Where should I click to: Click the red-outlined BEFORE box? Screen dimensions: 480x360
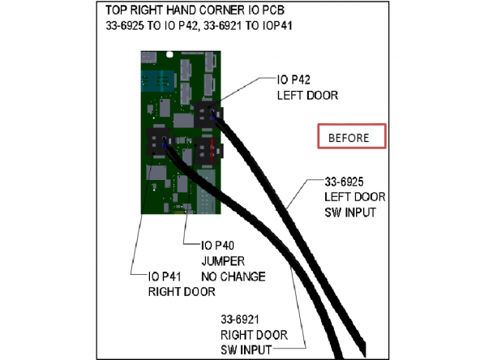pyautogui.click(x=352, y=136)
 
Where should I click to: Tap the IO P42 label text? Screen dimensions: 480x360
pyautogui.click(x=294, y=80)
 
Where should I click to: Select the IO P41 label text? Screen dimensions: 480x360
pyautogui.click(x=165, y=276)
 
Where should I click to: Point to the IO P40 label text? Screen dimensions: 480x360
pyautogui.click(x=217, y=245)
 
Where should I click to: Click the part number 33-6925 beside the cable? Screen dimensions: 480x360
pyautogui.click(x=344, y=182)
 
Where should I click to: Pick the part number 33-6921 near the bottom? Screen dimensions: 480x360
pyautogui.click(x=240, y=319)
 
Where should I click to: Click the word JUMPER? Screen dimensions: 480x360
pyautogui.click(x=223, y=261)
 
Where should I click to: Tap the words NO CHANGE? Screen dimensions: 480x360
pyautogui.click(x=234, y=276)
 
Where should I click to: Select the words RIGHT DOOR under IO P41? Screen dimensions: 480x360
pyautogui.click(x=182, y=291)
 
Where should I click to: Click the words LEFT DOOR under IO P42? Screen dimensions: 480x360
pyautogui.click(x=307, y=96)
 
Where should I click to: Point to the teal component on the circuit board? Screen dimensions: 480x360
pyautogui.click(x=158, y=81)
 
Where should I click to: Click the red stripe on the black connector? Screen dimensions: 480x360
pyautogui.click(x=212, y=151)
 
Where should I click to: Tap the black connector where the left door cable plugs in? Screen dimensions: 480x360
pyautogui.click(x=206, y=115)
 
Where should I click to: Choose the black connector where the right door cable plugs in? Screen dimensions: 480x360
pyautogui.click(x=159, y=143)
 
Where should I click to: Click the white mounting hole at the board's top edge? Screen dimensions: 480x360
pyautogui.click(x=169, y=55)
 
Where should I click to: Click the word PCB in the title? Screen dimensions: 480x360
pyautogui.click(x=273, y=10)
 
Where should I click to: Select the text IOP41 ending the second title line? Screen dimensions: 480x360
pyautogui.click(x=277, y=25)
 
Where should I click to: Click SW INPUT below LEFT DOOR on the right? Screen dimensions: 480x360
pyautogui.click(x=350, y=212)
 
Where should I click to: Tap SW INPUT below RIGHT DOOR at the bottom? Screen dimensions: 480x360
pyautogui.click(x=246, y=350)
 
